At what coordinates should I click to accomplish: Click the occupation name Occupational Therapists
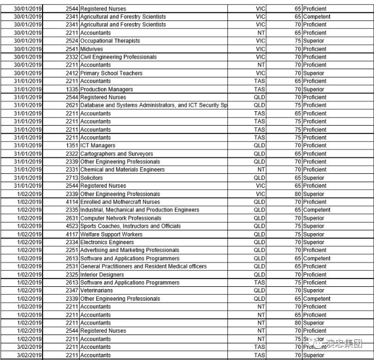point(110,41)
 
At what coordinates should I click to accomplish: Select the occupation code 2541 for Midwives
point(72,49)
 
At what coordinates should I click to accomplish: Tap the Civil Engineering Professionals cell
point(118,57)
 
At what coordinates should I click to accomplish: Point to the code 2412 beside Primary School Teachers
point(72,73)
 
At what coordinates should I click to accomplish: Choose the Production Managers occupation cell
point(106,89)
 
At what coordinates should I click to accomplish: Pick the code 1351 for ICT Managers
point(72,146)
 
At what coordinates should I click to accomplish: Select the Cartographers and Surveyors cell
point(116,153)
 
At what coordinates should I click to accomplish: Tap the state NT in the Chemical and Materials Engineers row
point(261,169)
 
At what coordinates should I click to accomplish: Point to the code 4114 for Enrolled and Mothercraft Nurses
point(72,202)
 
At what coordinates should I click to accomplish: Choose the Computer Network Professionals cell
point(121,218)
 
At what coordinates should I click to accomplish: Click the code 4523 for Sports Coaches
point(72,226)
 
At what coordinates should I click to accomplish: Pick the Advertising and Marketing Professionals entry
point(129,250)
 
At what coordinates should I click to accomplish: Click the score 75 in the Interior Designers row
point(298,275)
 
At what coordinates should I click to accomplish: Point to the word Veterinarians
point(96,290)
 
